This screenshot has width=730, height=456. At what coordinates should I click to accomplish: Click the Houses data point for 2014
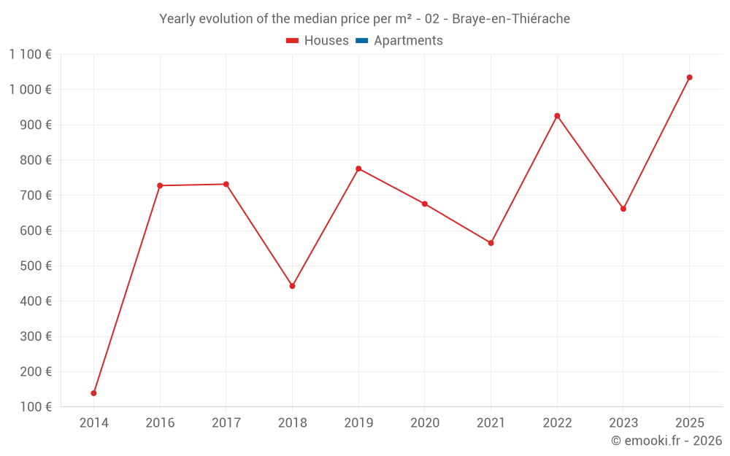coord(93,393)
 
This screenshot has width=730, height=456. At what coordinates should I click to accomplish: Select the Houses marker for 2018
coord(292,286)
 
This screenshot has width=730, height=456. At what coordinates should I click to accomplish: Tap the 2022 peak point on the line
coord(557,116)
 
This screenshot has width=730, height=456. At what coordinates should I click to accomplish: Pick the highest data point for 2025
coord(689,77)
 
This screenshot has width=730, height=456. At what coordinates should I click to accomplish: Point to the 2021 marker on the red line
coord(491,243)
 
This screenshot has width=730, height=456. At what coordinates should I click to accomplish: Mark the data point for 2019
coord(358,169)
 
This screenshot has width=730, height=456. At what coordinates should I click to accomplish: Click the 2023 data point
coord(623,209)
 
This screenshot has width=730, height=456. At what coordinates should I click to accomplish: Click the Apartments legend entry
coord(408,41)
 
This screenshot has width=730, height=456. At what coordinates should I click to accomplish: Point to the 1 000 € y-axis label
coord(30,90)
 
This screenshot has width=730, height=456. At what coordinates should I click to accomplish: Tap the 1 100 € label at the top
coord(30,54)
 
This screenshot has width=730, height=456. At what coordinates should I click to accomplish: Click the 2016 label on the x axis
coord(160,423)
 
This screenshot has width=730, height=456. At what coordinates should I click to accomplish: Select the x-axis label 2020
coord(425,423)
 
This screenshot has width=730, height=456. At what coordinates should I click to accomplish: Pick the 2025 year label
coord(689,423)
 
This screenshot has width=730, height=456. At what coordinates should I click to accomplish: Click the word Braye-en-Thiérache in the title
coord(511,19)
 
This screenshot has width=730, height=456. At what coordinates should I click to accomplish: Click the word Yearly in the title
coord(177,19)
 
